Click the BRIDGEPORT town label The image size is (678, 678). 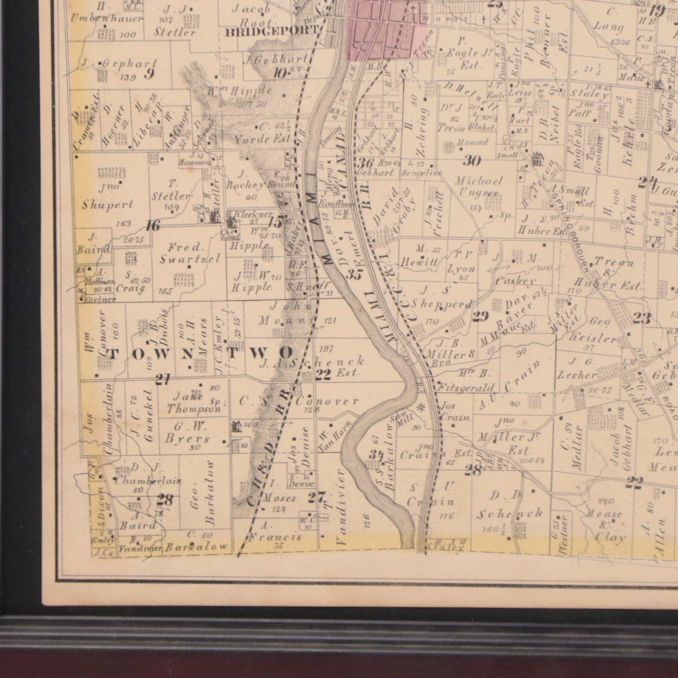click(x=272, y=32)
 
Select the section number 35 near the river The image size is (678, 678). click(x=354, y=274)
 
